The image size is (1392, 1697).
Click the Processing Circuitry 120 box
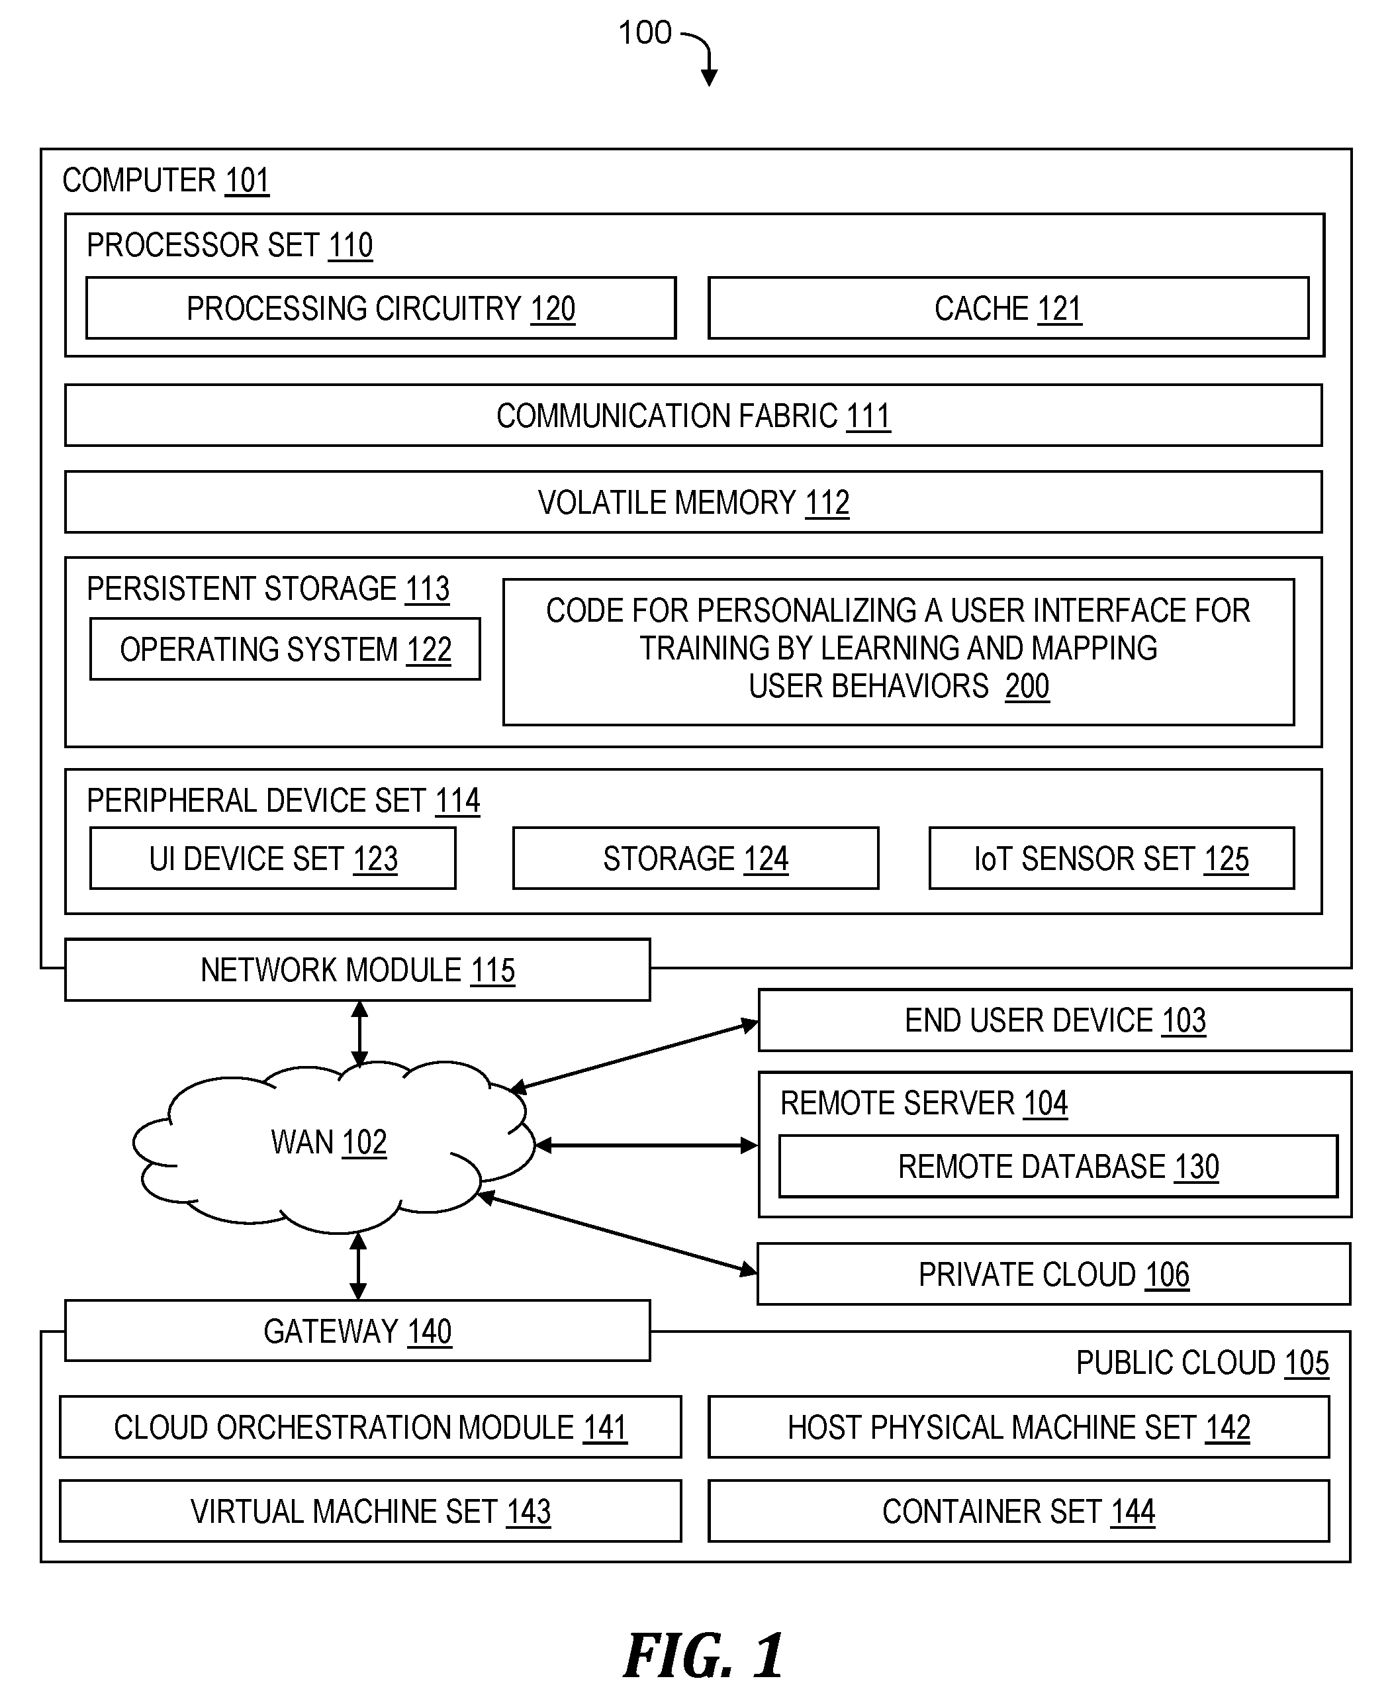pos(381,308)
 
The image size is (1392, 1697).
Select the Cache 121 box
pos(1008,308)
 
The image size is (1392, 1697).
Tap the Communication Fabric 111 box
pos(694,415)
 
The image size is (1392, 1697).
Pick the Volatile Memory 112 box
pos(694,502)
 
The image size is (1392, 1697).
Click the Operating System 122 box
pos(285,649)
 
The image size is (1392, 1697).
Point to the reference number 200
pos(1027,687)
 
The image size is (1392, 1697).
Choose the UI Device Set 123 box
pos(273,858)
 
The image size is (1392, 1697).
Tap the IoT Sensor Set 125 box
pos(1111,858)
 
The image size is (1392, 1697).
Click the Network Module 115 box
pos(357,969)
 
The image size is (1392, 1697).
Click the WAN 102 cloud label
pos(329,1142)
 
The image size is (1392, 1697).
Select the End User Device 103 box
pos(1055,1020)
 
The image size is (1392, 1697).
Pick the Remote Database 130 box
pos(1058,1166)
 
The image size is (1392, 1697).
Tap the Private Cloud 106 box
pos(1054,1273)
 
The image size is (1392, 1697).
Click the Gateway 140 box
pos(357,1330)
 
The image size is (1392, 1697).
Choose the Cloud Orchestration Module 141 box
pos(371,1427)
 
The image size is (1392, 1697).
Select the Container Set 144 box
pos(1018,1511)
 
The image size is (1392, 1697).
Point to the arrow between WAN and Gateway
pos(358,1265)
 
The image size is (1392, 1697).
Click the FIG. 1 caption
pos(703,1655)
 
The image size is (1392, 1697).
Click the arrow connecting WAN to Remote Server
pos(646,1145)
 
